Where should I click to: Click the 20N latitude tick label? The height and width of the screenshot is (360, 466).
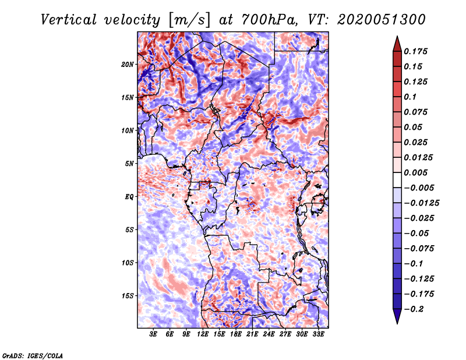[128, 64]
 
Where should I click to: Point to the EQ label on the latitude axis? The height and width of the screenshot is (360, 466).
[129, 196]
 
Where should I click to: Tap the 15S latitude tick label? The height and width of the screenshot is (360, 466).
[128, 295]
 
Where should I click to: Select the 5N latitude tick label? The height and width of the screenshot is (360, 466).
[129, 163]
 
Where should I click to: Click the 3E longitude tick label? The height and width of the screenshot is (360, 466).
[153, 334]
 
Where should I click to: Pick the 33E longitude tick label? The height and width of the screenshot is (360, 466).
[318, 334]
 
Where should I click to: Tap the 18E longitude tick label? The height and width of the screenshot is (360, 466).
[236, 334]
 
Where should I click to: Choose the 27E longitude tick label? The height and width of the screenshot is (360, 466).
[285, 334]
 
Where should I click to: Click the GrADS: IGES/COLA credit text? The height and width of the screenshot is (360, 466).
[33, 355]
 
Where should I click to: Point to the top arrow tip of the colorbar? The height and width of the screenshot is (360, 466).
[397, 38]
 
